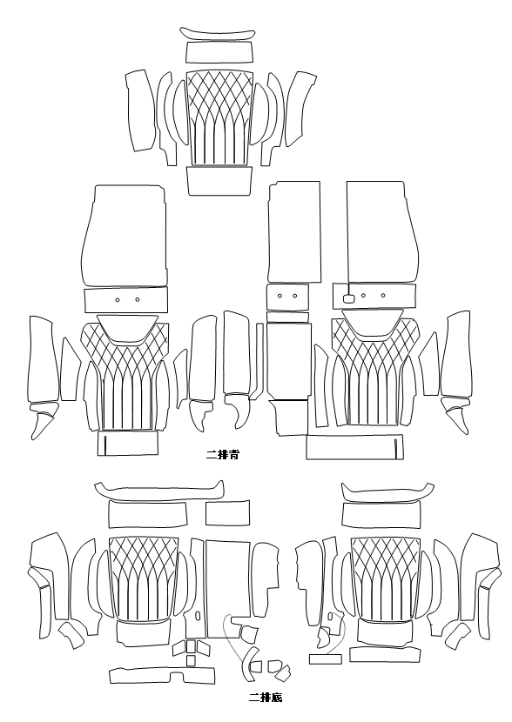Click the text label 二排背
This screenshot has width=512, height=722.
[223, 455]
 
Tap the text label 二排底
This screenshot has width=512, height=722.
[266, 697]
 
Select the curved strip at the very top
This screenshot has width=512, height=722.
[218, 34]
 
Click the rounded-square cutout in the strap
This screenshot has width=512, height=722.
[349, 297]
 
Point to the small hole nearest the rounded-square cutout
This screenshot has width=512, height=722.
[364, 296]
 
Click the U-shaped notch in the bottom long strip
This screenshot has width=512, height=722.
[177, 675]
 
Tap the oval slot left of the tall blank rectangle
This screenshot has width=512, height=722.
[199, 614]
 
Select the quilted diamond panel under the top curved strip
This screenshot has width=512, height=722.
[219, 118]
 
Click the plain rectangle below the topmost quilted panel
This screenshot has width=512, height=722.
[219, 181]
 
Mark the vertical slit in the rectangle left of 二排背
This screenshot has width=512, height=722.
[105, 444]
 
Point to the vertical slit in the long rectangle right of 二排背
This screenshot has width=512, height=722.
[396, 448]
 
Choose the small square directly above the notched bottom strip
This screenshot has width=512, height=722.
[191, 661]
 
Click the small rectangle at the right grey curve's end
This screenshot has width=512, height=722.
[326, 658]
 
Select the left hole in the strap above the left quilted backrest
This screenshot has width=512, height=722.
[118, 300]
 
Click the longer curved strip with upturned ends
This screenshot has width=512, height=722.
[159, 491]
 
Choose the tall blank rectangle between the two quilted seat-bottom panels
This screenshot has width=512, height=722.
[228, 590]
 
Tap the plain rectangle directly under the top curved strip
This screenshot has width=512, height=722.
[219, 52]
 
